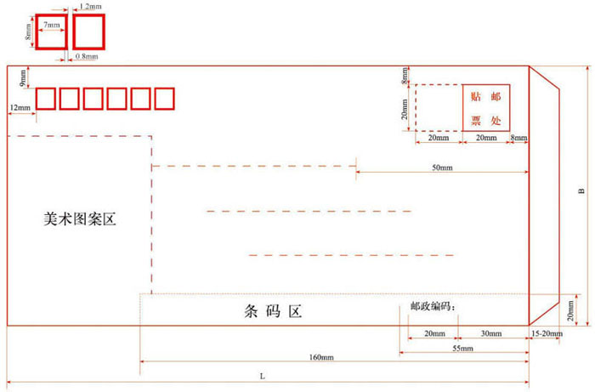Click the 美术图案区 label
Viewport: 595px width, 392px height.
tap(79, 219)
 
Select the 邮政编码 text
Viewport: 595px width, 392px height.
tap(433, 306)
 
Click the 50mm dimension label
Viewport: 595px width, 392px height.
tap(442, 168)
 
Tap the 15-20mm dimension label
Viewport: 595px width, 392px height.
tap(545, 333)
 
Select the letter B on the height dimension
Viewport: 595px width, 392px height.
tap(581, 192)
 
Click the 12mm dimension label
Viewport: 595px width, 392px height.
tap(20, 107)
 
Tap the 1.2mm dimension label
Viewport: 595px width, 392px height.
tap(91, 6)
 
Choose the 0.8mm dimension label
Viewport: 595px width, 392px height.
tap(86, 57)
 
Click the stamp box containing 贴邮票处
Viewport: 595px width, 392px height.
tap(486, 107)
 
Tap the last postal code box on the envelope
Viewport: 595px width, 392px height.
tap(164, 99)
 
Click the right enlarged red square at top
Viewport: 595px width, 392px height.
tap(88, 31)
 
